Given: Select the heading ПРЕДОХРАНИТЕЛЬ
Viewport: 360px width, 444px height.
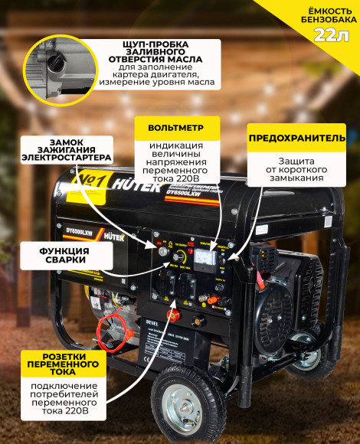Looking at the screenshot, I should click(x=296, y=138).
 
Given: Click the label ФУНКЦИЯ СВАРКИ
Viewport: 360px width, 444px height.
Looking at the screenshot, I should click(x=55, y=256).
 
